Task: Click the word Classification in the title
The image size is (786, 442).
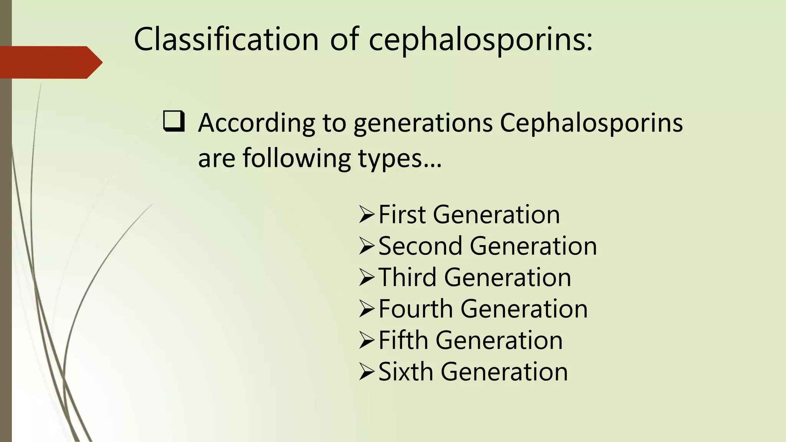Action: (x=226, y=39)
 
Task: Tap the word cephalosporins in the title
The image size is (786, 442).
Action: (x=481, y=40)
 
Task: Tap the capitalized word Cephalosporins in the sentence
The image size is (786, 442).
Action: (x=591, y=124)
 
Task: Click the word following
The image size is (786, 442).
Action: (x=297, y=158)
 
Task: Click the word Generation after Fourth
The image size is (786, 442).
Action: (x=524, y=308)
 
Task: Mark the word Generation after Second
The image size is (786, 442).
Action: (x=533, y=246)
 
